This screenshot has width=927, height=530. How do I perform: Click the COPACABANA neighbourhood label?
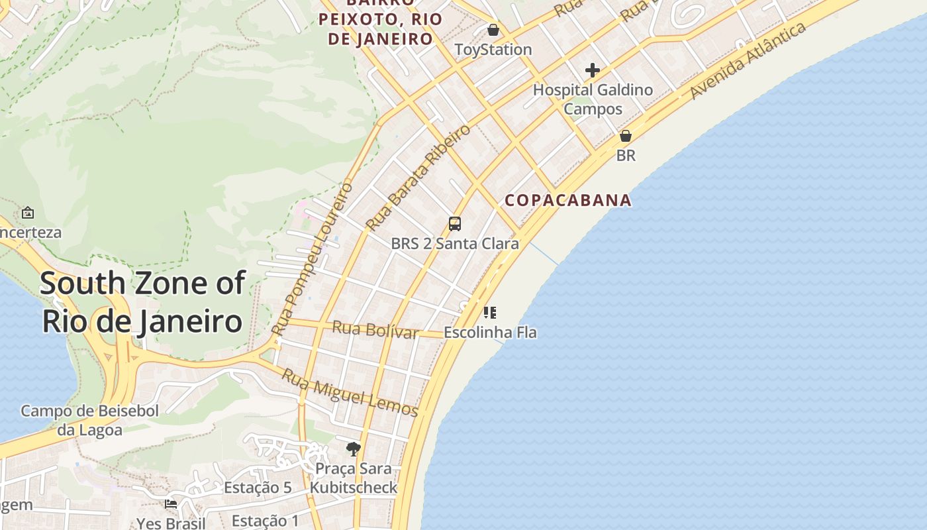568,200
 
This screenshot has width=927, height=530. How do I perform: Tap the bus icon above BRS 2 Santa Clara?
455,224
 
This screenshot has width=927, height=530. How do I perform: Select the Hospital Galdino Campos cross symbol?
593,70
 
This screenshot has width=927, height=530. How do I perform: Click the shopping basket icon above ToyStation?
493,30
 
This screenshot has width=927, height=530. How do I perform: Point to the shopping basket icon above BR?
625,136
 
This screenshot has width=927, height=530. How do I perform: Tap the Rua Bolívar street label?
375,329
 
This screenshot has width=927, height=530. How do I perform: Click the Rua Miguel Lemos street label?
350,393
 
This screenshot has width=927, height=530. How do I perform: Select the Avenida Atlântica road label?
748,60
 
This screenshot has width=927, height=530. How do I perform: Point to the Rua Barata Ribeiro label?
418,177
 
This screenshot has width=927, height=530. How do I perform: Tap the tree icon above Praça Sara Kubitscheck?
354,449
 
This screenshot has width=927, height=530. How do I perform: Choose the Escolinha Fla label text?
490,332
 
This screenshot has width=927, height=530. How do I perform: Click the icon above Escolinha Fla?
490,312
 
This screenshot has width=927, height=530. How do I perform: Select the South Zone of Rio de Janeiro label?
142,302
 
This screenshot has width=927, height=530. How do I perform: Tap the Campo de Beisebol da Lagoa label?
90,421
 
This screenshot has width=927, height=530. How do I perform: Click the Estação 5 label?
258,488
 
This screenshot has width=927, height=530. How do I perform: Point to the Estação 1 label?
266,521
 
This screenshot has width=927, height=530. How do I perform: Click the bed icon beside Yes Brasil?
171,504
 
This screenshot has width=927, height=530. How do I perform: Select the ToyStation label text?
493,50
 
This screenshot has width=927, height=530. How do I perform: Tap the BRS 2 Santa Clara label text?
455,244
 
